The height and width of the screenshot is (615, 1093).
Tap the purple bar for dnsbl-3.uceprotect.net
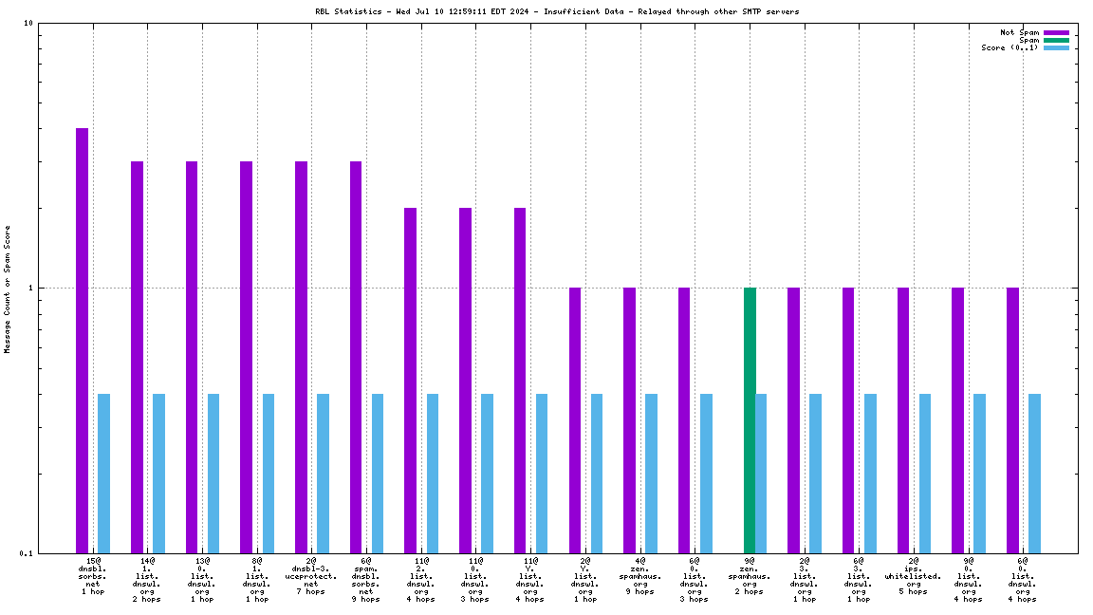[x=301, y=357]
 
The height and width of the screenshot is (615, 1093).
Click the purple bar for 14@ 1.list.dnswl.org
[x=137, y=357]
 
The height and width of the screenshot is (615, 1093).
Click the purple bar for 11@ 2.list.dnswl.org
[x=410, y=380]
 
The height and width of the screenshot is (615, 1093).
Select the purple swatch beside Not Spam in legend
[x=1056, y=32]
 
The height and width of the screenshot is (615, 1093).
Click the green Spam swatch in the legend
[x=1056, y=40]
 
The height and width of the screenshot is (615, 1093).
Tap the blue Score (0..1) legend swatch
[x=1056, y=47]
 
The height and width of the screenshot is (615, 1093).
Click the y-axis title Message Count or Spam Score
[x=8, y=289]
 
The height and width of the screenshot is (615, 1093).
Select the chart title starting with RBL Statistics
[x=557, y=11]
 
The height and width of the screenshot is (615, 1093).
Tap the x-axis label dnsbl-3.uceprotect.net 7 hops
[x=311, y=576]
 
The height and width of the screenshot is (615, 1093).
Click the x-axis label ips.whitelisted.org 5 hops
[x=913, y=576]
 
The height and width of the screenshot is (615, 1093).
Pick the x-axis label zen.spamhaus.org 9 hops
[x=639, y=576]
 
